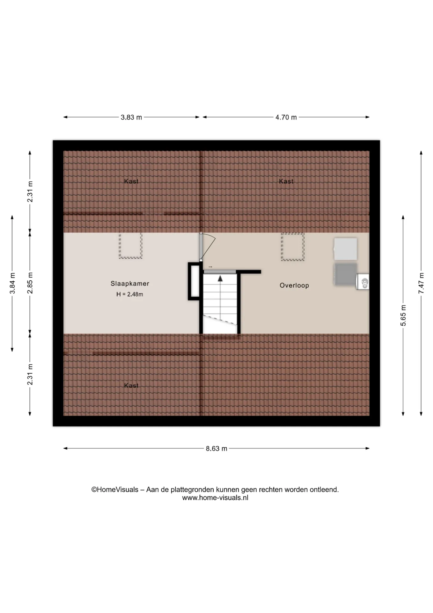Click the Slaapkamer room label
130,284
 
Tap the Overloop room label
294,285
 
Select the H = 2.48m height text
130,294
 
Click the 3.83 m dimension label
131,117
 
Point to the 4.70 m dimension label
286,117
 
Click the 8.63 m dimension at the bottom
216,449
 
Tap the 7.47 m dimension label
421,283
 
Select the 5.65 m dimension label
403,315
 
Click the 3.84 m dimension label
12,283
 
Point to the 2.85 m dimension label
30,283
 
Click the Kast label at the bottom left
131,386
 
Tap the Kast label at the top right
286,181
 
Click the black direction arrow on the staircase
220,279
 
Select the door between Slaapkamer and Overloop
201,247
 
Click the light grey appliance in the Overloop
345,249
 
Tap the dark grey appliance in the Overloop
346,274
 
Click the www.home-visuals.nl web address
215,498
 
